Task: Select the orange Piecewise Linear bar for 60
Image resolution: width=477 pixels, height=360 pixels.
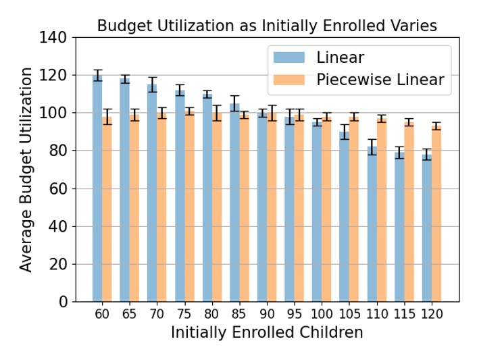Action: tap(107, 209)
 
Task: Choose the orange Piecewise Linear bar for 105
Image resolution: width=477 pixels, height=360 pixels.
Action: tap(354, 209)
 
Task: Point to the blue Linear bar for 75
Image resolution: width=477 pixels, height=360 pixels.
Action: tap(180, 195)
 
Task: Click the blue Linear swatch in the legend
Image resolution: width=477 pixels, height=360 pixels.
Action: tap(288, 57)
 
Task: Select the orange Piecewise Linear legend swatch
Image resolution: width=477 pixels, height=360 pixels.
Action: tap(288, 80)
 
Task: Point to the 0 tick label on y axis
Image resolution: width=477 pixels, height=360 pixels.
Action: tap(63, 302)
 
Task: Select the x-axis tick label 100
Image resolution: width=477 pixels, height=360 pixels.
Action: tap(322, 315)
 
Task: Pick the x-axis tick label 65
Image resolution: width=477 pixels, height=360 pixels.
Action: tap(130, 315)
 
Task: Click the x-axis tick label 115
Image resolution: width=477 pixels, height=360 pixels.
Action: tap(404, 315)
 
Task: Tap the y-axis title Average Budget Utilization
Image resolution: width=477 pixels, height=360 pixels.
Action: tap(26, 170)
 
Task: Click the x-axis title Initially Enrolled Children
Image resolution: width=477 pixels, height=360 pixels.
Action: tap(267, 333)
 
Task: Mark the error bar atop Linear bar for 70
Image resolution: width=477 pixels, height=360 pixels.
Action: tap(152, 84)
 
